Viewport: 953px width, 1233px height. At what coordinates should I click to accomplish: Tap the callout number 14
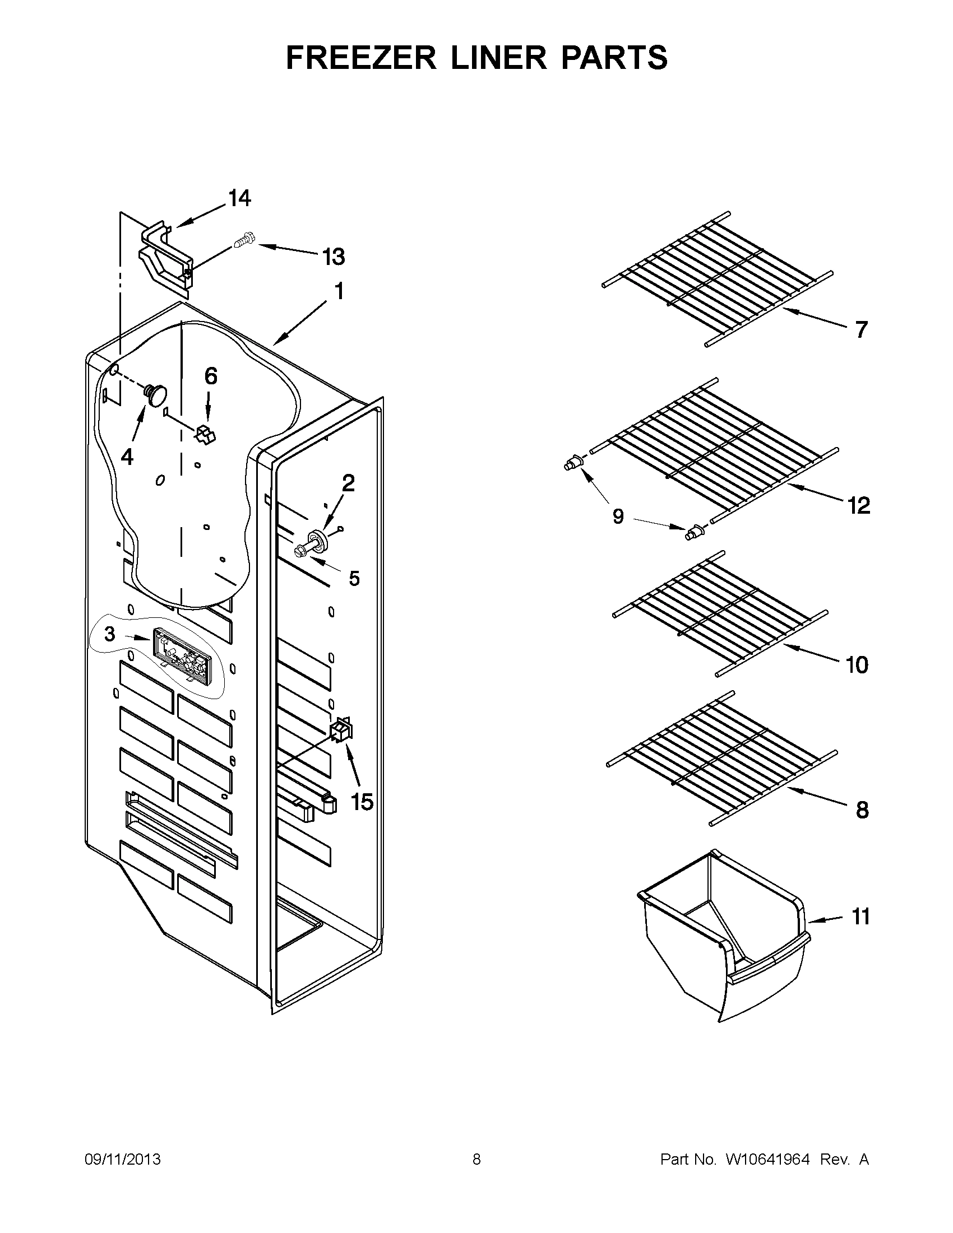(x=239, y=199)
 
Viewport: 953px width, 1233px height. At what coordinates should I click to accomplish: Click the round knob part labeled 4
(x=156, y=393)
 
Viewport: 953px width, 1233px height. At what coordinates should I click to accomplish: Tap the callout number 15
(x=362, y=802)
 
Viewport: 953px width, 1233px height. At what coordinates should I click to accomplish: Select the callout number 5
(x=354, y=579)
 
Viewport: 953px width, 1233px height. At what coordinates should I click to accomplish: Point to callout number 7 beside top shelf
(x=861, y=330)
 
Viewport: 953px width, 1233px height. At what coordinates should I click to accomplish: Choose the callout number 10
(x=857, y=666)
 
